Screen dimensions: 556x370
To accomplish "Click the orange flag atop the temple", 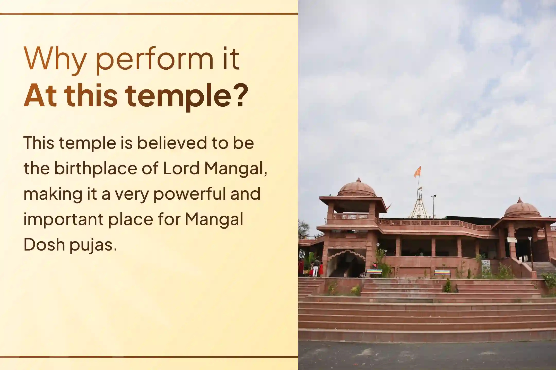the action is coord(418,171).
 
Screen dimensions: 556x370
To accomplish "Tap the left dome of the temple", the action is coord(357,188).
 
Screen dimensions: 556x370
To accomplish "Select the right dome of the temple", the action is coord(522,208).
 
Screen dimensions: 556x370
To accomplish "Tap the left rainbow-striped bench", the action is coord(374,273).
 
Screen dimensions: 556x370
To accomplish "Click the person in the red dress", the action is coord(321,269).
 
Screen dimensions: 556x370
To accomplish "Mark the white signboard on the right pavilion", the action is coord(512,240).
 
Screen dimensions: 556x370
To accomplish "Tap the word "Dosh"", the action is coord(44,244).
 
